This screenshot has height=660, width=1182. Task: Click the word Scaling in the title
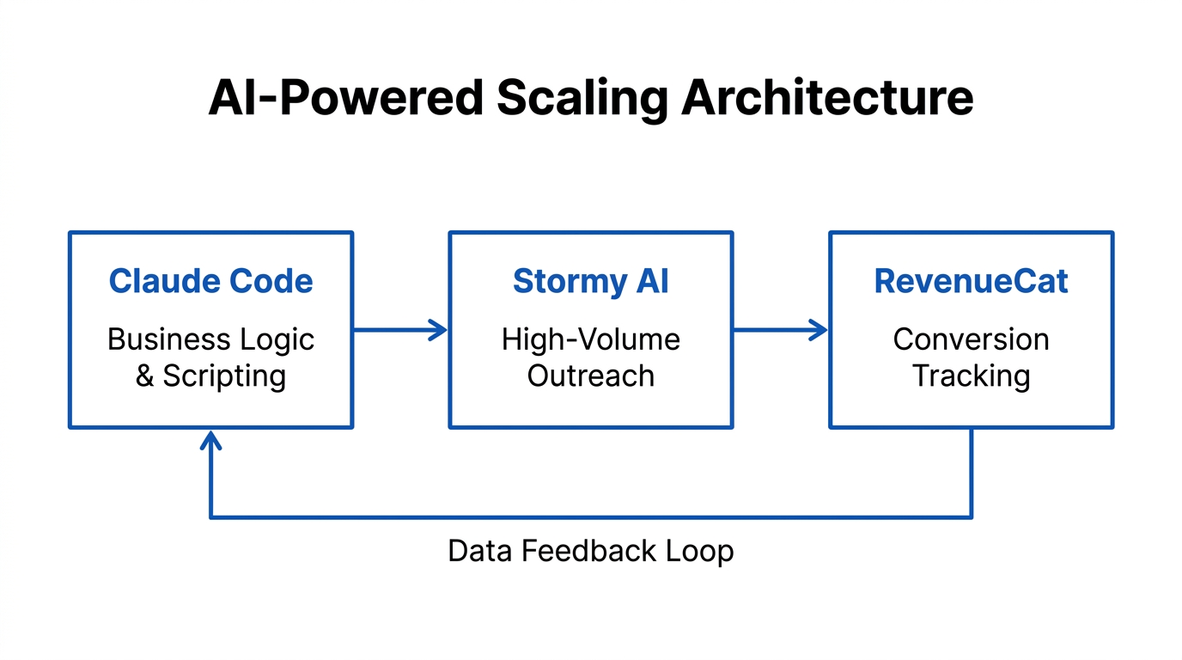point(582,98)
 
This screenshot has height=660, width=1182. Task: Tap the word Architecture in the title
point(827,98)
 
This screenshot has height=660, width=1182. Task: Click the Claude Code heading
point(210,281)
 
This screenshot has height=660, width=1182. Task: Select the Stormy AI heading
point(590,281)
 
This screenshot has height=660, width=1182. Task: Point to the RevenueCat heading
point(971,281)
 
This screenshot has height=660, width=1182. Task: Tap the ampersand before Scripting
point(145,376)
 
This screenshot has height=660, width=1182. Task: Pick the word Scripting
point(224,376)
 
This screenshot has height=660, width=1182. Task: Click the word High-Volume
point(590,339)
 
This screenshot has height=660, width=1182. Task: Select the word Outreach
point(590,376)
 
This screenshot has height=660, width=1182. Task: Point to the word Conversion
point(971,339)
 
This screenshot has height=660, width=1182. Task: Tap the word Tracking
point(971,376)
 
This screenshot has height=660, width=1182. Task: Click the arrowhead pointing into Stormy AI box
point(440,329)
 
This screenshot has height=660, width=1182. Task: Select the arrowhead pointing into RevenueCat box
point(819,329)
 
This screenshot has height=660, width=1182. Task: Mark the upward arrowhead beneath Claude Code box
point(210,439)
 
